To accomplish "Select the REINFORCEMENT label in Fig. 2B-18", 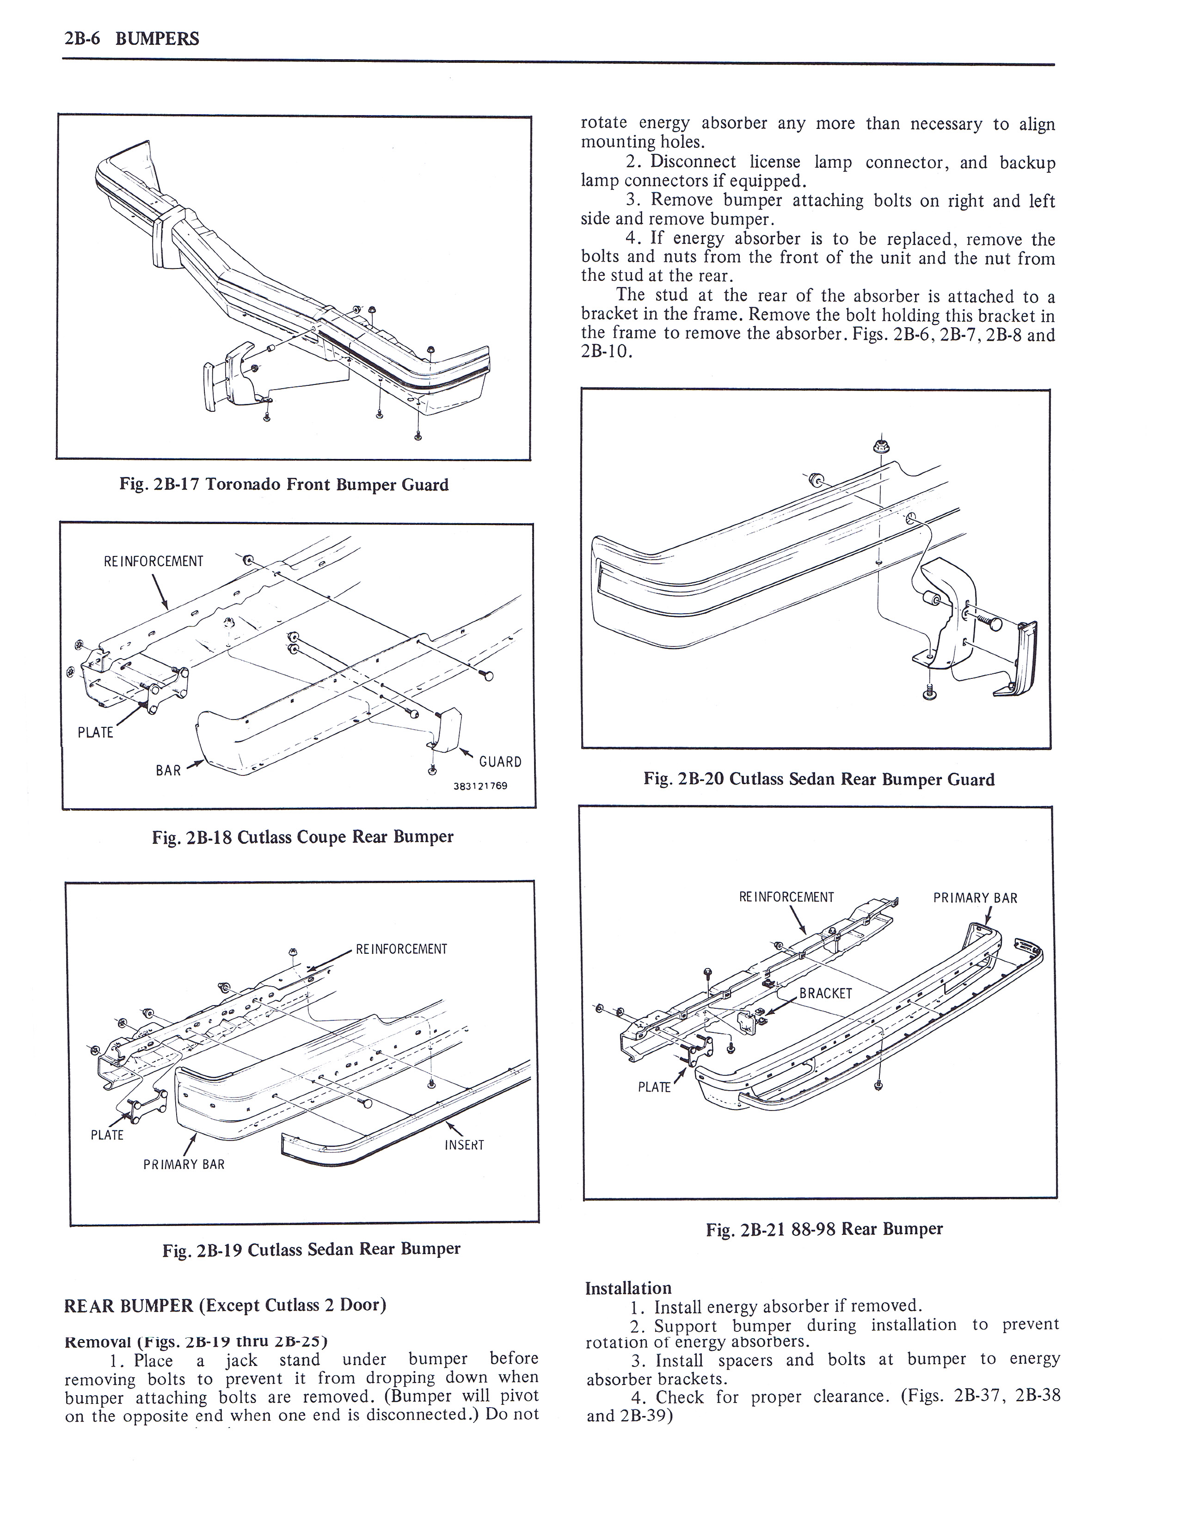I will (153, 561).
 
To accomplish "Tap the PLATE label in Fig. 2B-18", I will (95, 732).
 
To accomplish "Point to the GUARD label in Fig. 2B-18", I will (500, 762).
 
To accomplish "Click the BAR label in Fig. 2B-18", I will (168, 771).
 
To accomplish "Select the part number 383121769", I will (480, 786).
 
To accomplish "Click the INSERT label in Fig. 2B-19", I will (464, 1145).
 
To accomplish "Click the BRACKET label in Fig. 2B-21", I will (826, 994).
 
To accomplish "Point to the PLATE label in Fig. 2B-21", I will (654, 1087).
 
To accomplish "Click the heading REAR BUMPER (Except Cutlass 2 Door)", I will (225, 1306).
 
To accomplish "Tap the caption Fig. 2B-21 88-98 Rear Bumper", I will (824, 1229).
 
